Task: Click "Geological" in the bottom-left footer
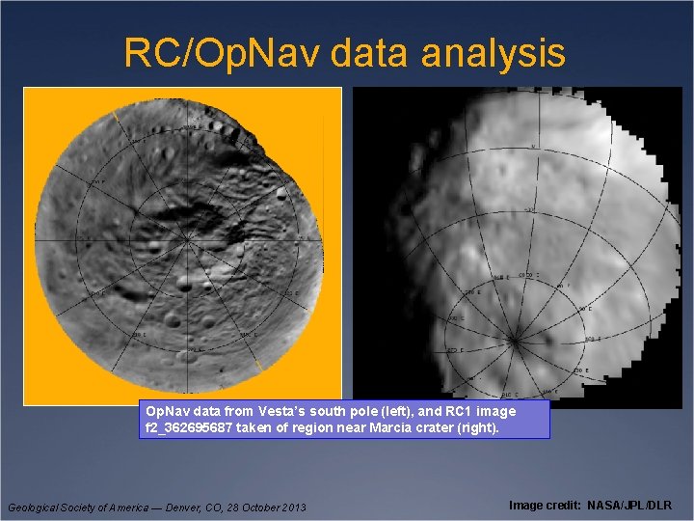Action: pos(35,507)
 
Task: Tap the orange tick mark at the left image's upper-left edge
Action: pos(114,117)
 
